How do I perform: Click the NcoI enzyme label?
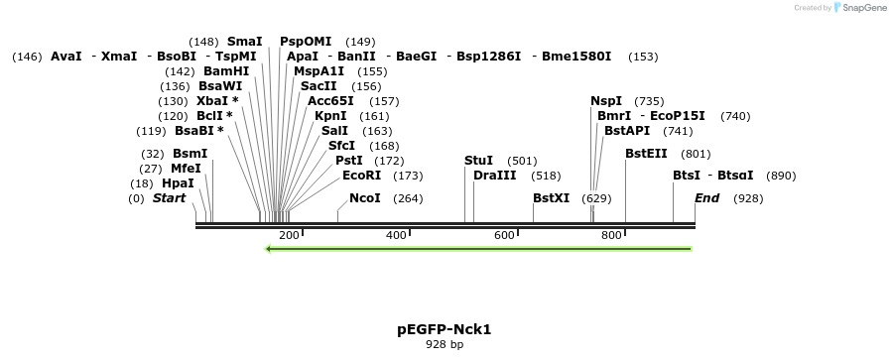click(x=365, y=198)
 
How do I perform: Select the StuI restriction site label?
click(x=478, y=161)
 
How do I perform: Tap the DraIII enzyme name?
click(x=495, y=176)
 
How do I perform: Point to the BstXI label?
click(x=551, y=198)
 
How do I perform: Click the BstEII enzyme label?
click(x=646, y=154)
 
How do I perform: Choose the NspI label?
click(x=606, y=101)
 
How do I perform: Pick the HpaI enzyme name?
click(x=178, y=183)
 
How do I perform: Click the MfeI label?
click(x=186, y=169)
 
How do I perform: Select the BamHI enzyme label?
click(x=226, y=71)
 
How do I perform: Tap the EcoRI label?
click(x=361, y=176)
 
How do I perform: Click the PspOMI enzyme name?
click(x=306, y=42)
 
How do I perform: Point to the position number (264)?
click(x=409, y=198)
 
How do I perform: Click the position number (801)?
click(x=697, y=154)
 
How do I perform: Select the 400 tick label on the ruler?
click(x=396, y=235)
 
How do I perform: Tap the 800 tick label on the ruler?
click(x=611, y=235)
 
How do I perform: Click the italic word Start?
click(x=169, y=198)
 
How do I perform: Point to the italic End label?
click(x=706, y=198)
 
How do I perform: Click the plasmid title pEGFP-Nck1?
click(x=444, y=328)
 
